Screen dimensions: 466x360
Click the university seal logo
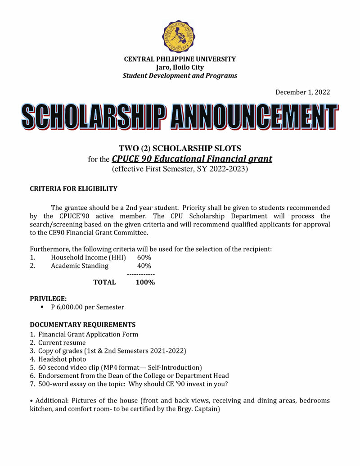pos(180,36)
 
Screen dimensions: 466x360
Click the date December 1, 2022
pos(302,92)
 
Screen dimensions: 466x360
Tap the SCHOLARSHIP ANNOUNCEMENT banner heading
pos(180,118)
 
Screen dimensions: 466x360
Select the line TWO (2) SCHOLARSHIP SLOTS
pos(180,148)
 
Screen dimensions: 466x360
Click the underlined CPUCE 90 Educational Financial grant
pos(192,159)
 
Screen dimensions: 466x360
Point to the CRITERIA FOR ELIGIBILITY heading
pos(73,189)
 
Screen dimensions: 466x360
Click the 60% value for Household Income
pos(144,257)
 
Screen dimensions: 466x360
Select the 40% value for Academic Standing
pos(144,266)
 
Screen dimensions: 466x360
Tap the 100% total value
pos(145,282)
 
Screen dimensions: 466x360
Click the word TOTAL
pos(104,282)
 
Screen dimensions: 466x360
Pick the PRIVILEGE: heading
pos(48,299)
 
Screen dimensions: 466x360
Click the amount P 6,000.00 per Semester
pos(87,307)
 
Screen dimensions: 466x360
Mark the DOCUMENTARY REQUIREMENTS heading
pos(82,325)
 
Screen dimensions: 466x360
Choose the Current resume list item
pos(62,343)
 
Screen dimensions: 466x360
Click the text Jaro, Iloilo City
pos(180,68)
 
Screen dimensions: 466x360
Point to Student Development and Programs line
pos(180,76)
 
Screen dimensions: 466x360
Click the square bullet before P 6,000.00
pos(42,307)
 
